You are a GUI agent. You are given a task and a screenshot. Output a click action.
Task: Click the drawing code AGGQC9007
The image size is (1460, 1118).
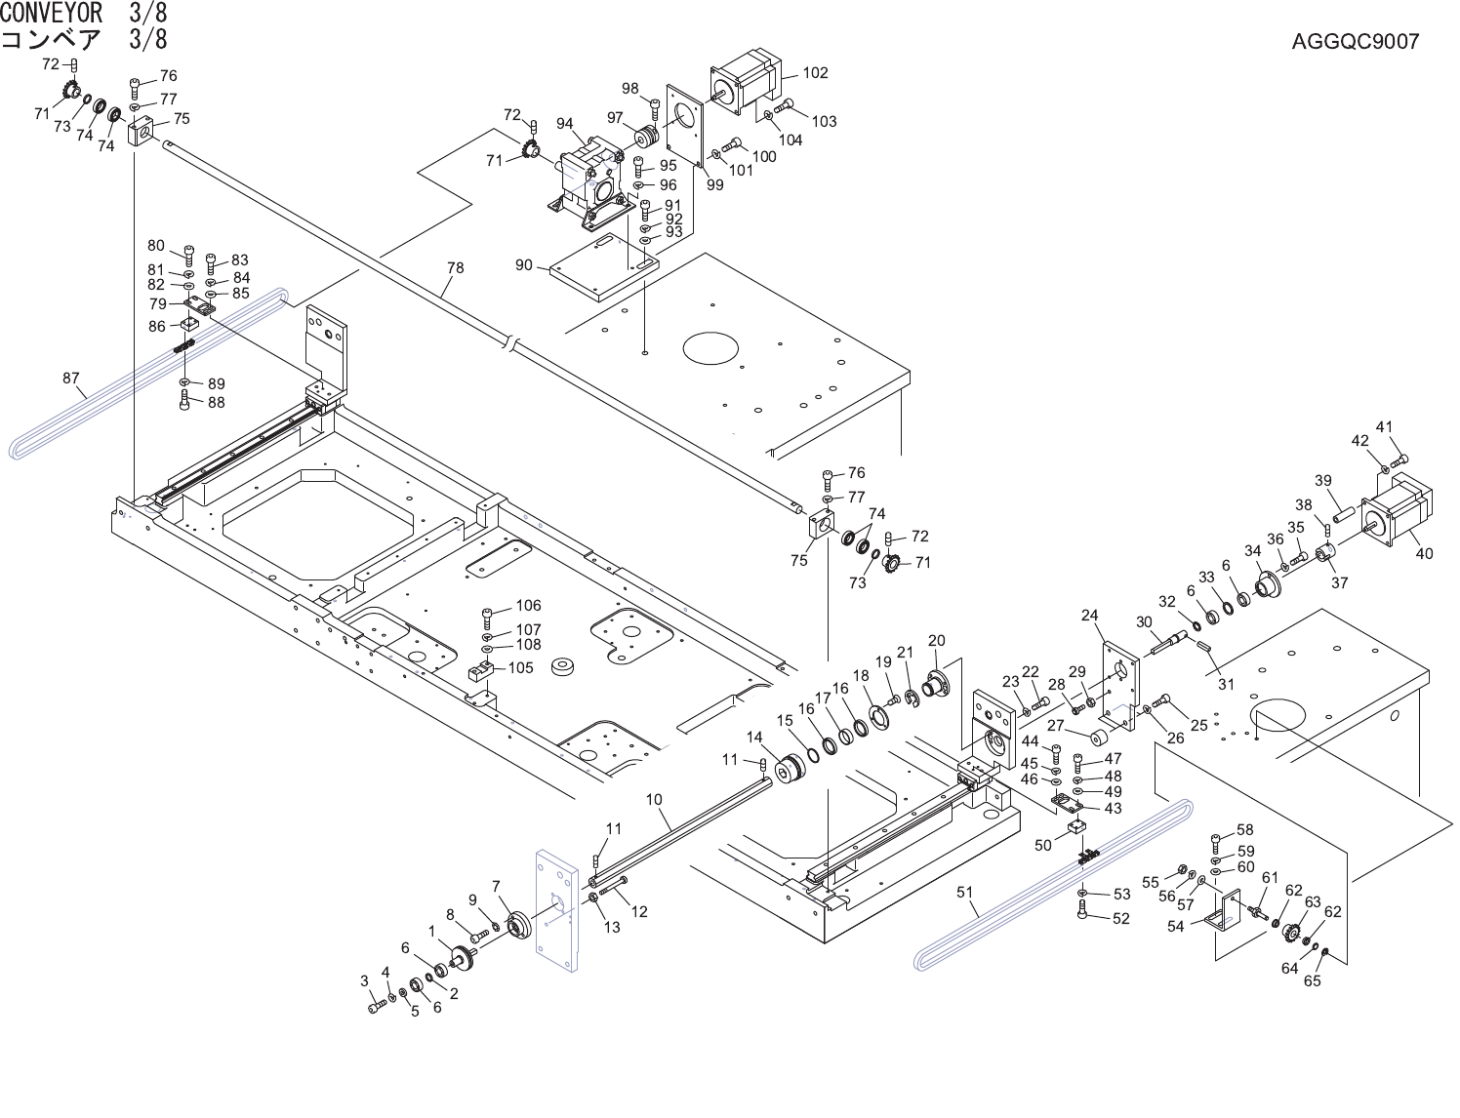(1356, 42)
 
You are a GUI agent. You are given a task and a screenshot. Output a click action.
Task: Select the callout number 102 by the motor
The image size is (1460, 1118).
(816, 72)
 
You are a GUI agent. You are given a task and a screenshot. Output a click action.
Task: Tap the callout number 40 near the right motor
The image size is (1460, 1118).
(1424, 554)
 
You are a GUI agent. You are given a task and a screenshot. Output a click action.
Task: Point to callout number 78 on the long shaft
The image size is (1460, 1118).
(456, 268)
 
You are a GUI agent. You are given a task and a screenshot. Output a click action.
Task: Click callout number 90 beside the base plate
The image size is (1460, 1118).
(524, 265)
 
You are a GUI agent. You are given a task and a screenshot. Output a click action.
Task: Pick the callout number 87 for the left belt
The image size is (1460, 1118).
(71, 379)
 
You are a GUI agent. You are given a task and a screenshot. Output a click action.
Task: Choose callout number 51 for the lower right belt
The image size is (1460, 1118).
(965, 892)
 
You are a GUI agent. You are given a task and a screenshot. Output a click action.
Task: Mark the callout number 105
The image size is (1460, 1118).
(521, 667)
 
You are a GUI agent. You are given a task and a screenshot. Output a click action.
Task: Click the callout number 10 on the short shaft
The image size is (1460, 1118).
(654, 800)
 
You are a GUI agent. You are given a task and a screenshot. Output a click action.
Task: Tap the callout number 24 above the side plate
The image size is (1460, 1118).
(1090, 615)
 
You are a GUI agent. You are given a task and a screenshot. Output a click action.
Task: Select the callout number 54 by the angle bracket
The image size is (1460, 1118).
(1176, 927)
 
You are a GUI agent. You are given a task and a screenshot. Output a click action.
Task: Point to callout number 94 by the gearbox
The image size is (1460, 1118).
(565, 124)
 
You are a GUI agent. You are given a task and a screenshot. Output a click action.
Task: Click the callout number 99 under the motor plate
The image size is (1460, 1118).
(715, 184)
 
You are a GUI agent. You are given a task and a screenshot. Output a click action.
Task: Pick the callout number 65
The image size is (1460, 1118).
(1313, 981)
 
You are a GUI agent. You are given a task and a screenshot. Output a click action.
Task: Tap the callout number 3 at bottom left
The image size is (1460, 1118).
(365, 981)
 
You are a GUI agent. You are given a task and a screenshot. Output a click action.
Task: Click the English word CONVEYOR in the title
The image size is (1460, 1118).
(52, 13)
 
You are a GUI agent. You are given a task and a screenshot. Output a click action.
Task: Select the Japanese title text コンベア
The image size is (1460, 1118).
(51, 40)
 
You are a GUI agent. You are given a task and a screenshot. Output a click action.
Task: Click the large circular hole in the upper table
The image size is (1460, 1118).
(710, 348)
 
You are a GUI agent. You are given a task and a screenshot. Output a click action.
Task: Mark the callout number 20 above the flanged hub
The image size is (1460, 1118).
(937, 641)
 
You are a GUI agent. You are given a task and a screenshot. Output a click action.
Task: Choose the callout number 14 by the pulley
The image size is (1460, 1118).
(754, 738)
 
